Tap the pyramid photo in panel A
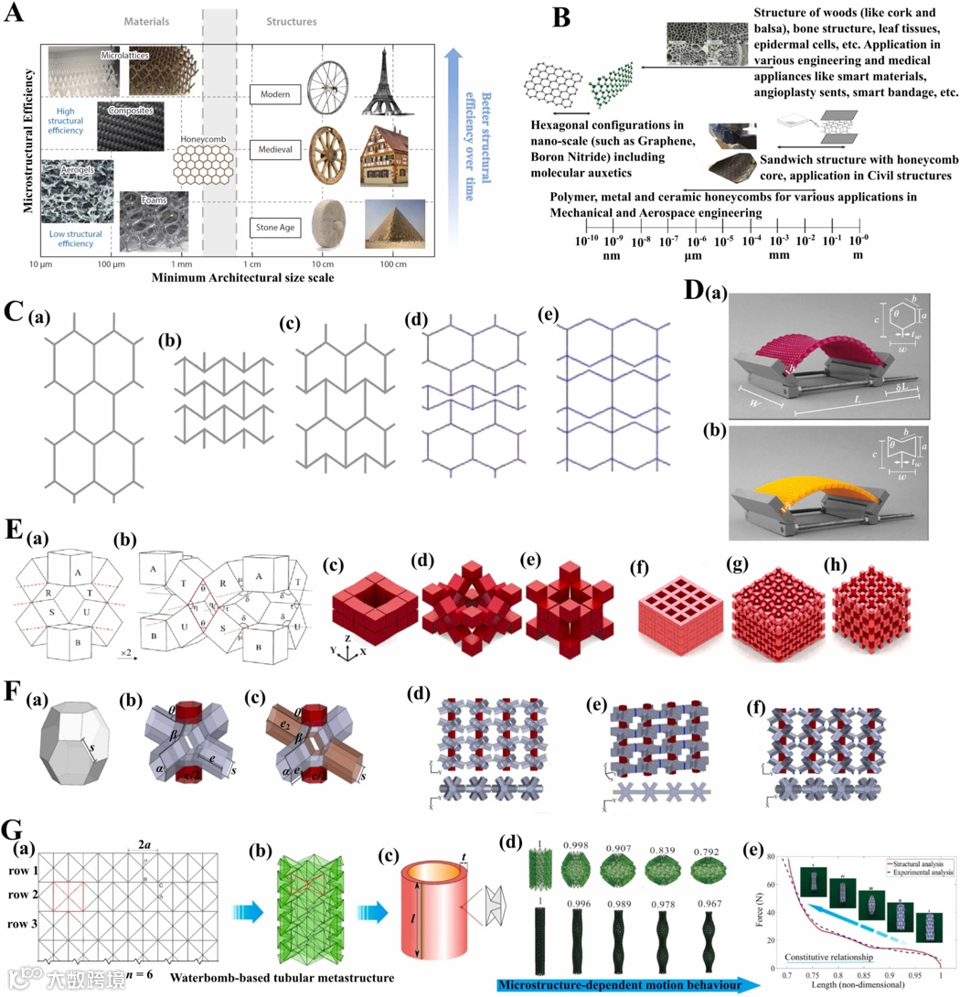coord(395,224)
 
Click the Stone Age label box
coord(277,224)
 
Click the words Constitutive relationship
coord(821,956)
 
